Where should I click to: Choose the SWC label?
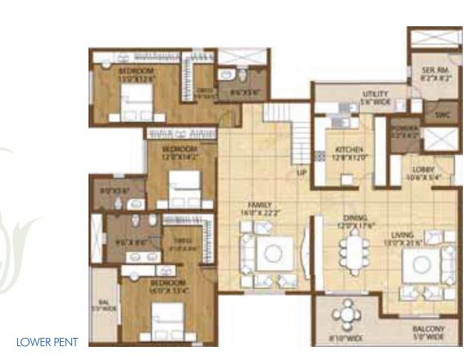tap(442, 115)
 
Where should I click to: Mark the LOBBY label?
tap(428, 171)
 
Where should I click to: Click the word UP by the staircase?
tap(301, 173)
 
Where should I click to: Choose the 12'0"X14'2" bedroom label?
tap(179, 153)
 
